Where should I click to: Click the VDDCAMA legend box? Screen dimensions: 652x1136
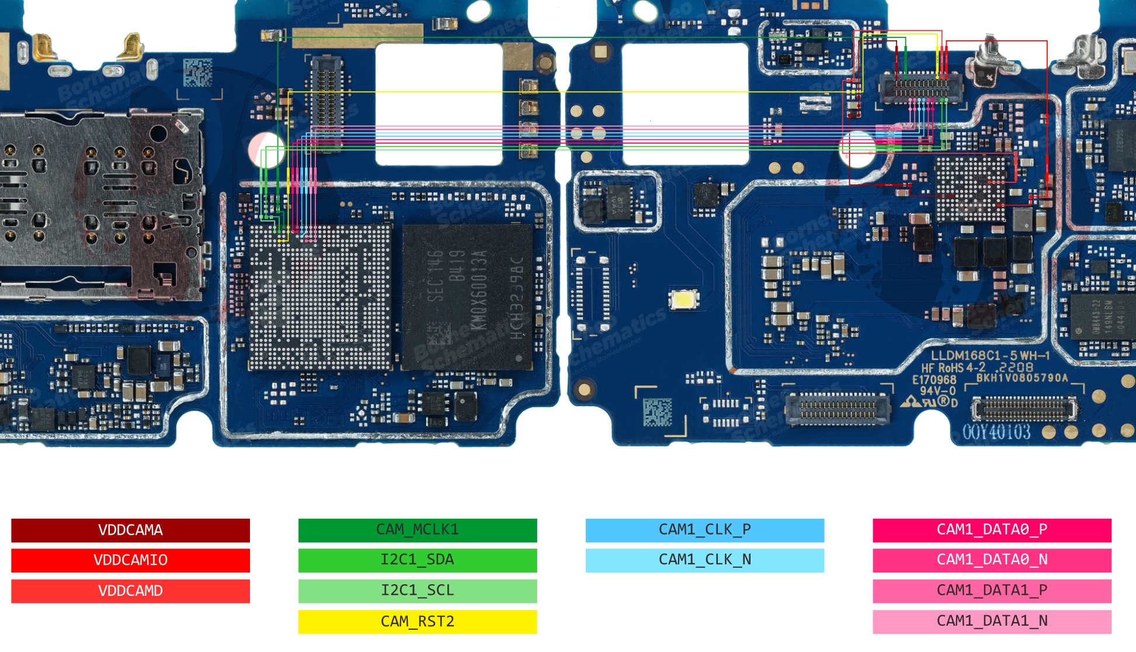pyautogui.click(x=130, y=530)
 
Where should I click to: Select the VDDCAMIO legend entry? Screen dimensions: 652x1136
pyautogui.click(x=130, y=560)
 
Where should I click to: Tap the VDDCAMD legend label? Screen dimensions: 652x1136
pyautogui.click(x=130, y=591)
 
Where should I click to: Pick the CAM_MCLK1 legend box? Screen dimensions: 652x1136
pyautogui.click(x=418, y=530)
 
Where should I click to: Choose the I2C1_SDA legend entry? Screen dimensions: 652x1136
pyautogui.click(x=418, y=560)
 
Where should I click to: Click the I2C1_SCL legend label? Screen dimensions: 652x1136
pyautogui.click(x=418, y=591)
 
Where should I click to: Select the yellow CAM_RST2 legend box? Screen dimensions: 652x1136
pyautogui.click(x=418, y=622)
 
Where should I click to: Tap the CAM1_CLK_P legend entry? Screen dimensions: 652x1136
pyautogui.click(x=705, y=530)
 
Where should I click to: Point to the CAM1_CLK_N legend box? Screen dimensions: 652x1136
pyautogui.click(x=705, y=560)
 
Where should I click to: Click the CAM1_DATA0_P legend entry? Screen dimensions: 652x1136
pyautogui.click(x=992, y=530)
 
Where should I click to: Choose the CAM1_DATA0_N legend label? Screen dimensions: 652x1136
pyautogui.click(x=992, y=560)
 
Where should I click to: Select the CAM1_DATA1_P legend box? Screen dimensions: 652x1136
pyautogui.click(x=992, y=591)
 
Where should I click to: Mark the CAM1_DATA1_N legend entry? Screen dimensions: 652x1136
pyautogui.click(x=992, y=622)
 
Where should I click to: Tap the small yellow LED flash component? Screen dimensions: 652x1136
pyautogui.click(x=685, y=300)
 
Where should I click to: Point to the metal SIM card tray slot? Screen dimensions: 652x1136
pyautogui.click(x=99, y=204)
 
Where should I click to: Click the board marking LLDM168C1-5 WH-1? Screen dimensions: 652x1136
pyautogui.click(x=990, y=355)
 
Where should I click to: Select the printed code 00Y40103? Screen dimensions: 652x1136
pyautogui.click(x=996, y=432)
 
